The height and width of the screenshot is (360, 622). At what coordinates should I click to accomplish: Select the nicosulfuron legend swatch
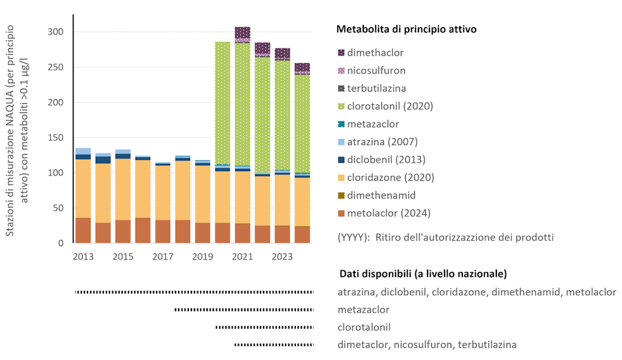341,70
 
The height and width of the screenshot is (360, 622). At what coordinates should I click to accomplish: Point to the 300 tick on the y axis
56,32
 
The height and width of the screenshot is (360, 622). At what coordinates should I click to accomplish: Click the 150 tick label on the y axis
56,137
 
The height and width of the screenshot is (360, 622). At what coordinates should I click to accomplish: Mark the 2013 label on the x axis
83,256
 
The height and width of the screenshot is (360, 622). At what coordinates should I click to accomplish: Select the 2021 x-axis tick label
242,256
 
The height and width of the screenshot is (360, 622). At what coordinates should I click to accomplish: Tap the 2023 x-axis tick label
282,256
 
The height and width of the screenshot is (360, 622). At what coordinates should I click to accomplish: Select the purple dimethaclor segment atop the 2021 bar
242,32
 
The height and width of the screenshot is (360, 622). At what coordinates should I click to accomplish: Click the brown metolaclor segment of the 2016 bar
143,230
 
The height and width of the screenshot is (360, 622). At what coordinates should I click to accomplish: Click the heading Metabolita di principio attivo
406,29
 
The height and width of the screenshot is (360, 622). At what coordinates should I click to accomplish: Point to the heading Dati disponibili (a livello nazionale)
423,273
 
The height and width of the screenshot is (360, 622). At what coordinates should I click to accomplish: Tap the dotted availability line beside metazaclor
244,310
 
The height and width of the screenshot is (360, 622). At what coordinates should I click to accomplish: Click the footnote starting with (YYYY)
445,237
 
